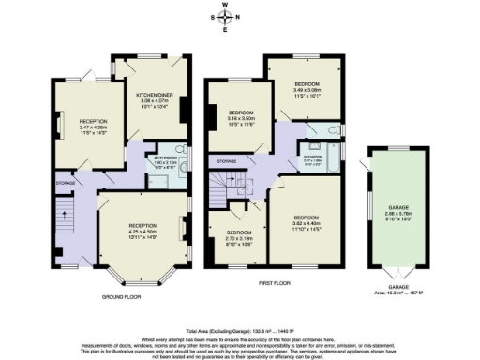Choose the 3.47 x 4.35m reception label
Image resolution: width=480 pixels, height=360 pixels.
click(92, 127)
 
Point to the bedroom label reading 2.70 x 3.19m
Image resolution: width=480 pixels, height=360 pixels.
click(241, 237)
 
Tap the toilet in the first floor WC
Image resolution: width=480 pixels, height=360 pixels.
click(335, 128)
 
